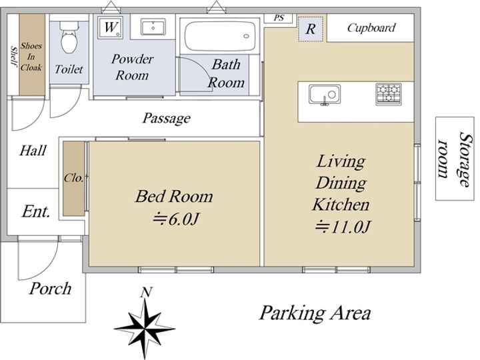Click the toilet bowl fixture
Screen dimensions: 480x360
[69, 37]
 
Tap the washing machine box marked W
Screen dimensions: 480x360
[111, 27]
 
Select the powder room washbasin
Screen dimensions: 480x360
[153, 27]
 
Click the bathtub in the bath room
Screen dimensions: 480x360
[220, 36]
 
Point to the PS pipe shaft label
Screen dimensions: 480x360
[279, 18]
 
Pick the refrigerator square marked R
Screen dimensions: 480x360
[311, 29]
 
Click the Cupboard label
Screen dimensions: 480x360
[371, 28]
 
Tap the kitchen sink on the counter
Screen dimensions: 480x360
[325, 95]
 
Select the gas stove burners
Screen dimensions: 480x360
[389, 94]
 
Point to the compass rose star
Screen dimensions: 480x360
[145, 328]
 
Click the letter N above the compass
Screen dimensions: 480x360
[146, 293]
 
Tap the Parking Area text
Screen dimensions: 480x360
[315, 313]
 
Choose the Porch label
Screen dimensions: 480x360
[50, 289]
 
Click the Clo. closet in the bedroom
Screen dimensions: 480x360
[73, 178]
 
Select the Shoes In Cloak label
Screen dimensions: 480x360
[31, 57]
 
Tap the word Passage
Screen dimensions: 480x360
[167, 118]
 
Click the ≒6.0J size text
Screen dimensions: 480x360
[176, 219]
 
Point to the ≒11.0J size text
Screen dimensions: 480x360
[343, 227]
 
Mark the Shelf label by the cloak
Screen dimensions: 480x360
[13, 56]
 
